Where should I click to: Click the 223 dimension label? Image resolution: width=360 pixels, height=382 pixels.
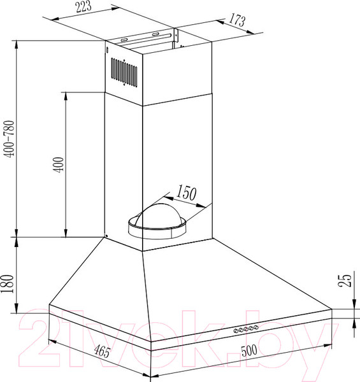click(x=83, y=6)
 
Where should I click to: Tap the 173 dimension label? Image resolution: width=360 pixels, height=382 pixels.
click(x=236, y=20)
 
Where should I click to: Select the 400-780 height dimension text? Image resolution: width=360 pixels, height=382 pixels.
click(x=10, y=139)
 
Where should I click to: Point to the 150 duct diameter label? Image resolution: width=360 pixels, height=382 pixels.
click(x=186, y=192)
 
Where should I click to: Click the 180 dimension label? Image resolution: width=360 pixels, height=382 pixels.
click(x=7, y=284)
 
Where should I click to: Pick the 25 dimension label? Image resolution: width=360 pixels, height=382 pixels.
click(x=345, y=280)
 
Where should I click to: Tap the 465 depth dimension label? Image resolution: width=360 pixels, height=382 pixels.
click(x=103, y=351)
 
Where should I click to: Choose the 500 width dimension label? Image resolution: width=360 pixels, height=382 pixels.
click(x=249, y=350)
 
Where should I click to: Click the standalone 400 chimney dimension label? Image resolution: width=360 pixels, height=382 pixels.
click(x=59, y=165)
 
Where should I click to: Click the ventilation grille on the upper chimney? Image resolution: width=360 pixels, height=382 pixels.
click(x=124, y=72)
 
